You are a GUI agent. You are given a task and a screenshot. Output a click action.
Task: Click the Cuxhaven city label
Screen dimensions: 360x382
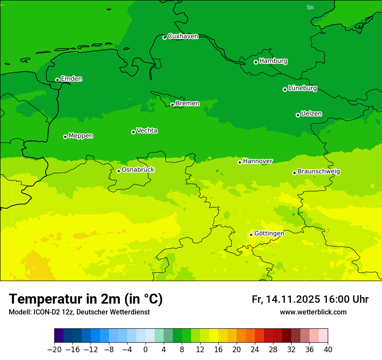point(183,36)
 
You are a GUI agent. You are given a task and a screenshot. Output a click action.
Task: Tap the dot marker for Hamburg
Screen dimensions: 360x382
point(256,62)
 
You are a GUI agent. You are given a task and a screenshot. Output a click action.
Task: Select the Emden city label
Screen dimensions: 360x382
point(71,79)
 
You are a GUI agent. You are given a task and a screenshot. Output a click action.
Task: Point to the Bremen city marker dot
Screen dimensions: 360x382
point(172,105)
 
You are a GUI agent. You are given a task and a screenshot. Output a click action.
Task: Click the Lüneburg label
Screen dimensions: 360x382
point(302,88)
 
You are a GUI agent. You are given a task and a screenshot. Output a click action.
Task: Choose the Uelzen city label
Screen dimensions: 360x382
point(311,114)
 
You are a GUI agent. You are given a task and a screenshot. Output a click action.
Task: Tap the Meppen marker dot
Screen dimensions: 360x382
point(65,137)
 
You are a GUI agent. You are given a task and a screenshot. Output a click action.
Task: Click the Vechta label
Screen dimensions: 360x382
point(147,131)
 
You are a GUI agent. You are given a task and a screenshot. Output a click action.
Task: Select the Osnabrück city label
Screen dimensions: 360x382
point(138,170)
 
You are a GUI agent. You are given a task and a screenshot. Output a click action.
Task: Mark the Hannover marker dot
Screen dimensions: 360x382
point(240,162)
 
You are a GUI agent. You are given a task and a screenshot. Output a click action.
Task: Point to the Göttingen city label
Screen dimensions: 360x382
point(269,234)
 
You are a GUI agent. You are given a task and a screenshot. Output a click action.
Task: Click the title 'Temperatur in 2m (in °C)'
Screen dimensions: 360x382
point(86,299)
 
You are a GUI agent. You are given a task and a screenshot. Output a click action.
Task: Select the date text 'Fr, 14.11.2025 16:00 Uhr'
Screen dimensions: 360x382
point(310,299)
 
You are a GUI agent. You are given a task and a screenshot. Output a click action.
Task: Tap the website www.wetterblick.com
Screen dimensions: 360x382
point(313,312)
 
